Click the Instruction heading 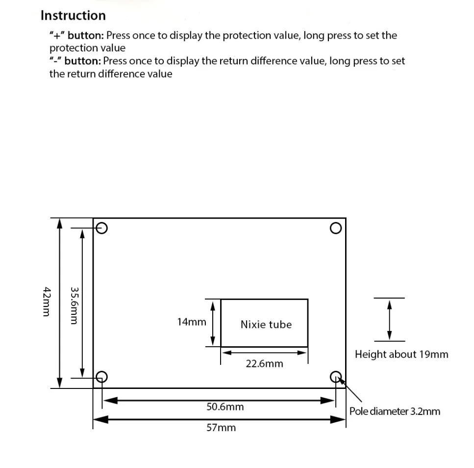pyautogui.click(x=73, y=16)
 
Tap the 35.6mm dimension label pyautogui.click(x=74, y=305)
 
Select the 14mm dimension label pyautogui.click(x=192, y=322)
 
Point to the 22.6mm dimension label pyautogui.click(x=264, y=364)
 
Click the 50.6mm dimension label pyautogui.click(x=225, y=407)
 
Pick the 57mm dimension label pyautogui.click(x=221, y=428)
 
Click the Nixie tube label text pyautogui.click(x=266, y=325)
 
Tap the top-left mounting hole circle pyautogui.click(x=102, y=228)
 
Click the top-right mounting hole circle pyautogui.click(x=336, y=228)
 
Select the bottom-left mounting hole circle pyautogui.click(x=101, y=377)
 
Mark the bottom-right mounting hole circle pyautogui.click(x=336, y=377)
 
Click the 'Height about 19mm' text pyautogui.click(x=401, y=354)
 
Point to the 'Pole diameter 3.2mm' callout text pyautogui.click(x=395, y=411)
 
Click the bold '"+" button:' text pyautogui.click(x=76, y=35)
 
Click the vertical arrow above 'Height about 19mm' pyautogui.click(x=390, y=319)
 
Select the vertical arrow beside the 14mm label pyautogui.click(x=213, y=323)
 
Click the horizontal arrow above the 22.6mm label pyautogui.click(x=264, y=352)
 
